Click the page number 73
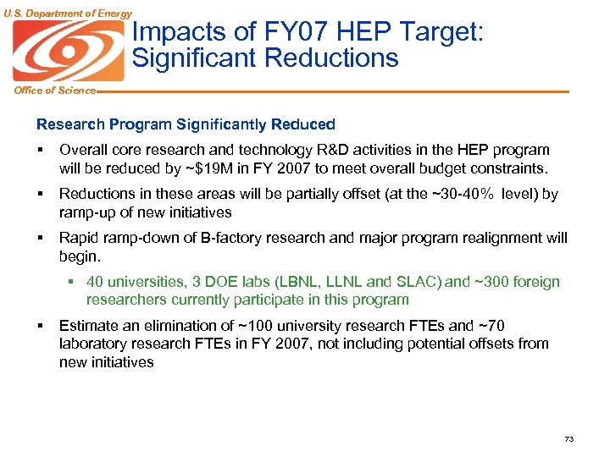[568, 438]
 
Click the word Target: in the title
[440, 33]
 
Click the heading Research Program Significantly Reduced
[186, 124]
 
